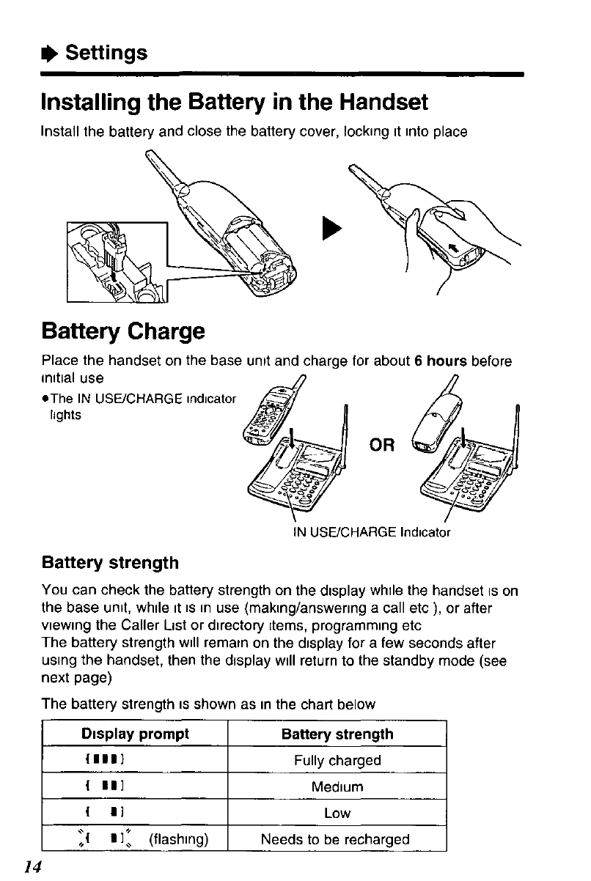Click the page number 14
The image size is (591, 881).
(x=29, y=866)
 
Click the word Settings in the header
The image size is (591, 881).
(x=106, y=53)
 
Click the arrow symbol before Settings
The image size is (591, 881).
(x=51, y=54)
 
